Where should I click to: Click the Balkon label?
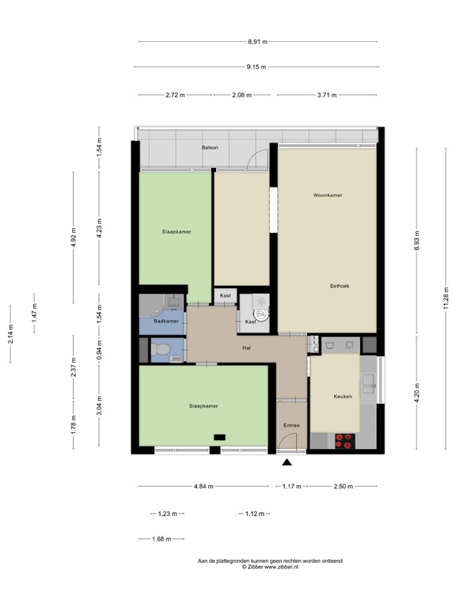coord(210,148)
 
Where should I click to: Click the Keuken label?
coord(342,396)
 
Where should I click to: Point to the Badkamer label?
coord(166,321)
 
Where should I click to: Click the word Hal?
coord(247,348)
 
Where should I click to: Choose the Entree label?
coord(291,425)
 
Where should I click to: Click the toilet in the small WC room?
coord(161,349)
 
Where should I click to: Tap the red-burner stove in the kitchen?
coord(345,442)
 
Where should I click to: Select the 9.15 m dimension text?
coord(256,67)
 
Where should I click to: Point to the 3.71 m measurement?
coord(326,95)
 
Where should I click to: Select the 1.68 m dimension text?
coord(161,540)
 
